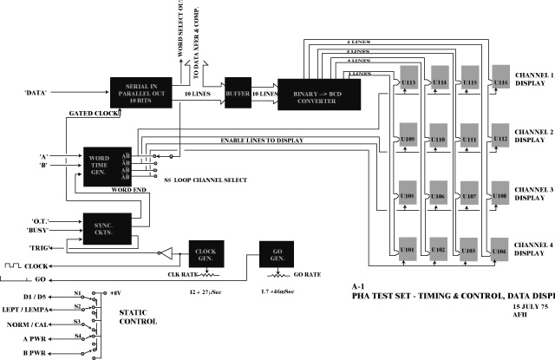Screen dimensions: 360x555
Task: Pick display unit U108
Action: (x=499, y=198)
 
